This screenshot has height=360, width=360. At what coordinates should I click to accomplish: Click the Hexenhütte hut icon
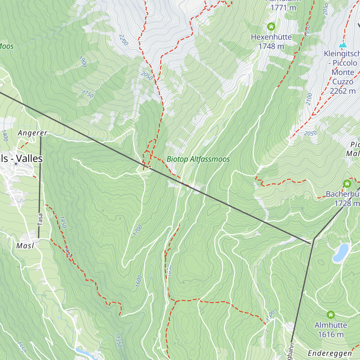point(271,27)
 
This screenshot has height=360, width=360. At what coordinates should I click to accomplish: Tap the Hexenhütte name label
point(271,37)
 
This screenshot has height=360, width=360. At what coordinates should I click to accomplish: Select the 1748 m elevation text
point(271,46)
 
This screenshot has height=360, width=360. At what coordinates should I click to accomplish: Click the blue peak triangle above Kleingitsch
point(343,45)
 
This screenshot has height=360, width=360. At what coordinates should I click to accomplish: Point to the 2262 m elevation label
point(343,91)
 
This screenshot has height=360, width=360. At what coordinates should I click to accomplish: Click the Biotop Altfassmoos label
point(198,159)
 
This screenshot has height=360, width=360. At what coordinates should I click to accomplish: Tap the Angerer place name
point(32,133)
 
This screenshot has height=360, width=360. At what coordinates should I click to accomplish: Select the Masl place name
point(25,246)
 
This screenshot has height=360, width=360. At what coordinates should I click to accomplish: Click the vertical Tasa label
point(40,219)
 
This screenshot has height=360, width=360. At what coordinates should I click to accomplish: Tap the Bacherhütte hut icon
point(347,184)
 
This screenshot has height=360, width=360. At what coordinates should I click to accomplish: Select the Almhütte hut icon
point(331,315)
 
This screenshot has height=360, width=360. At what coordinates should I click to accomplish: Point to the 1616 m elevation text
point(331,334)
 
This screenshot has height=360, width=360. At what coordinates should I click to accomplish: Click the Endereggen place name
point(330,353)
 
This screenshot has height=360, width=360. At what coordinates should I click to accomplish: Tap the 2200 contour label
point(124,40)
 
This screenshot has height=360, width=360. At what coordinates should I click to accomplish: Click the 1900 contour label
point(82,61)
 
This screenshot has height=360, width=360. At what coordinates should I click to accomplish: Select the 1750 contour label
point(87,94)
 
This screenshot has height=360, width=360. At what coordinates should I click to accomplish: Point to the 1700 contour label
point(137,230)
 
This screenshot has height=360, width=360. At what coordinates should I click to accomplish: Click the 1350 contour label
point(119,341)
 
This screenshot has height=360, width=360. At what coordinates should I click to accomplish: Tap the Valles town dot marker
point(16,164)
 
